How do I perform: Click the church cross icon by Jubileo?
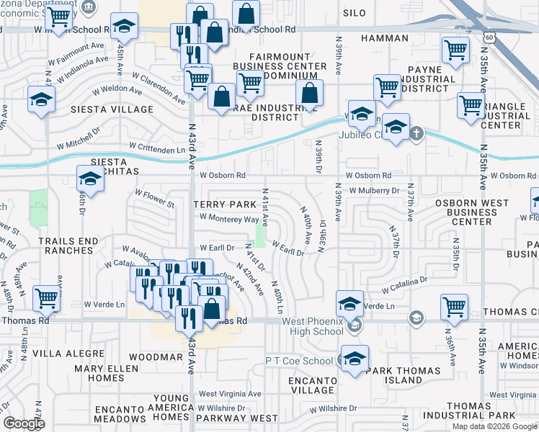point(416,133)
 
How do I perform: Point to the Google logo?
point(24,423)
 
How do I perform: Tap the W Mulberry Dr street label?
point(374,191)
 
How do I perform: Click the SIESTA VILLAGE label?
point(112,109)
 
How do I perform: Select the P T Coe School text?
point(299,361)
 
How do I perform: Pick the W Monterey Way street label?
point(229,218)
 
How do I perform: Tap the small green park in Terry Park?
point(260,234)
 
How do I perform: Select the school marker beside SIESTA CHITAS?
point(90,178)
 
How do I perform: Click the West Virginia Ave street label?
point(231,394)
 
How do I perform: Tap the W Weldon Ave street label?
point(117,91)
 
